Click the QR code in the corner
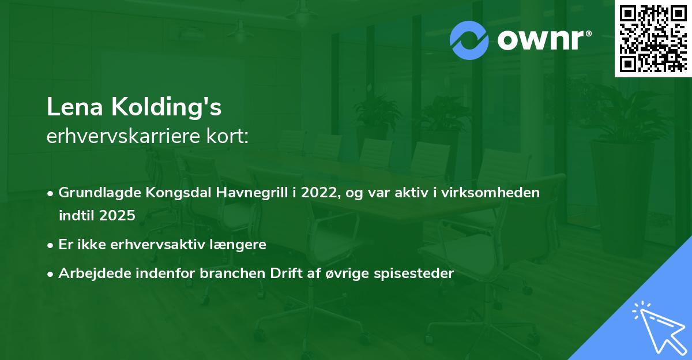point(653,39)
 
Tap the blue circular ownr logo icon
point(469,40)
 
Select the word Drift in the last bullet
point(284,273)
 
